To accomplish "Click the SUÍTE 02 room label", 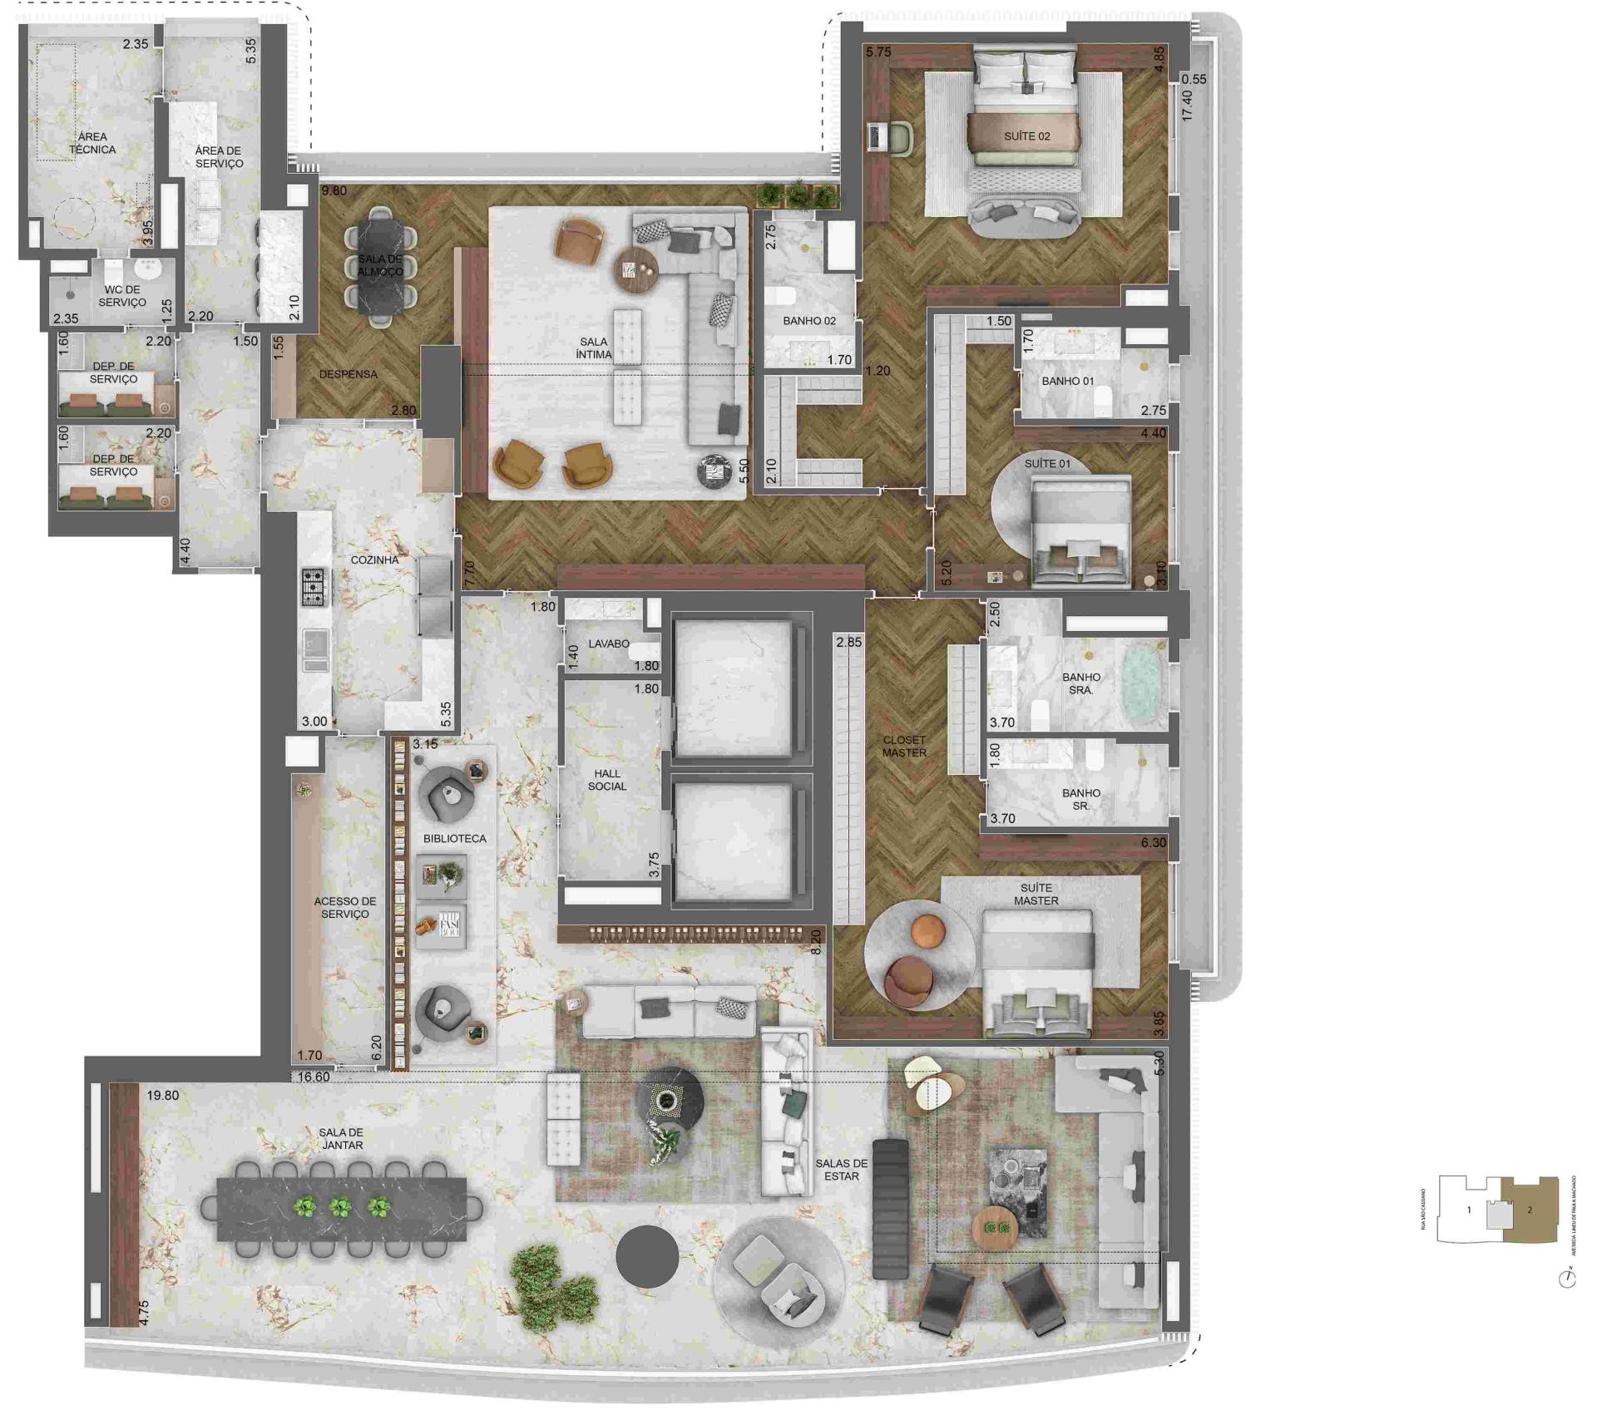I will pyautogui.click(x=1026, y=136).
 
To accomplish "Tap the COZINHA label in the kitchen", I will pyautogui.click(x=374, y=560).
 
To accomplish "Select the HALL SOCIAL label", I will pyautogui.click(x=607, y=780).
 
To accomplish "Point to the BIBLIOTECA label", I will pyautogui.click(x=454, y=839).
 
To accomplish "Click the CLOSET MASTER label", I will pyautogui.click(x=904, y=747).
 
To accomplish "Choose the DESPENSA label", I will pyautogui.click(x=348, y=374).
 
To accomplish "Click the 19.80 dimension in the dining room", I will pyautogui.click(x=162, y=1096).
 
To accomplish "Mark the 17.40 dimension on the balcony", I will pyautogui.click(x=1187, y=106).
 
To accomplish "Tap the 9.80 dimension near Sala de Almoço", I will pyautogui.click(x=334, y=191).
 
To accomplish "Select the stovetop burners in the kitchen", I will pyautogui.click(x=314, y=587).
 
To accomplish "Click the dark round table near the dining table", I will pyautogui.click(x=647, y=1256).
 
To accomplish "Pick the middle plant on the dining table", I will pyautogui.click(x=340, y=1206).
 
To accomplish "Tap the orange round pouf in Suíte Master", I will pyautogui.click(x=926, y=932).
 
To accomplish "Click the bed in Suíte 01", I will pyautogui.click(x=1080, y=532).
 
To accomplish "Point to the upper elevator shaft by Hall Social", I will pyautogui.click(x=733, y=687).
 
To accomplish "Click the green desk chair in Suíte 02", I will pyautogui.click(x=899, y=138).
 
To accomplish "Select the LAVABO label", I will pyautogui.click(x=608, y=643).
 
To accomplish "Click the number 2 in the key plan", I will pyautogui.click(x=1529, y=1210).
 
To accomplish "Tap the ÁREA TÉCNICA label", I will pyautogui.click(x=92, y=143).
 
